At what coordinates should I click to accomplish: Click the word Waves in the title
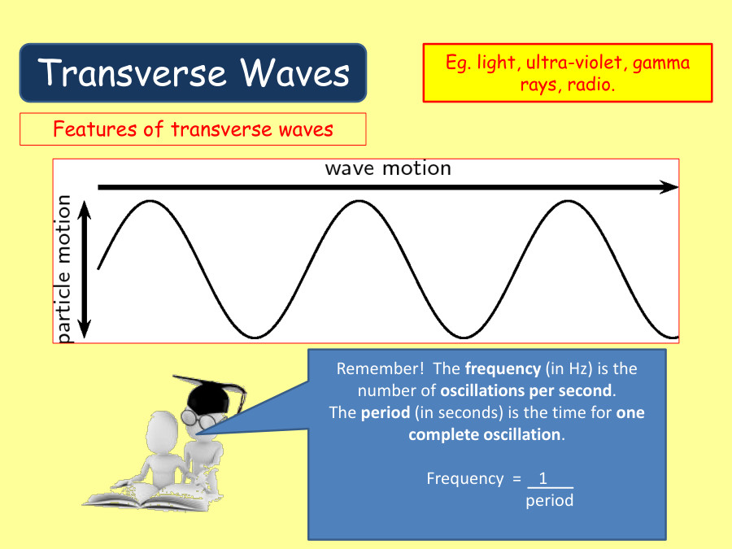click(x=295, y=73)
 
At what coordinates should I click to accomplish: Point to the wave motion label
click(x=388, y=168)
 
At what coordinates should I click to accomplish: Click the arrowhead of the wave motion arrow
click(x=669, y=187)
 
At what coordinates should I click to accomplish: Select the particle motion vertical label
click(x=63, y=268)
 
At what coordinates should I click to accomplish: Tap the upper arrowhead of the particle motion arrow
click(x=85, y=209)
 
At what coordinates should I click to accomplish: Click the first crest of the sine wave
click(x=150, y=200)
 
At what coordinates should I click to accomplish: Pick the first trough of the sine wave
click(x=255, y=337)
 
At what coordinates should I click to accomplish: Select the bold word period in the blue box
click(x=386, y=412)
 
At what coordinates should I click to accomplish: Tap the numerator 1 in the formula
click(x=543, y=478)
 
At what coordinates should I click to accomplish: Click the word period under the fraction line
click(x=549, y=500)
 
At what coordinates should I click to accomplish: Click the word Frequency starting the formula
click(x=464, y=478)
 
